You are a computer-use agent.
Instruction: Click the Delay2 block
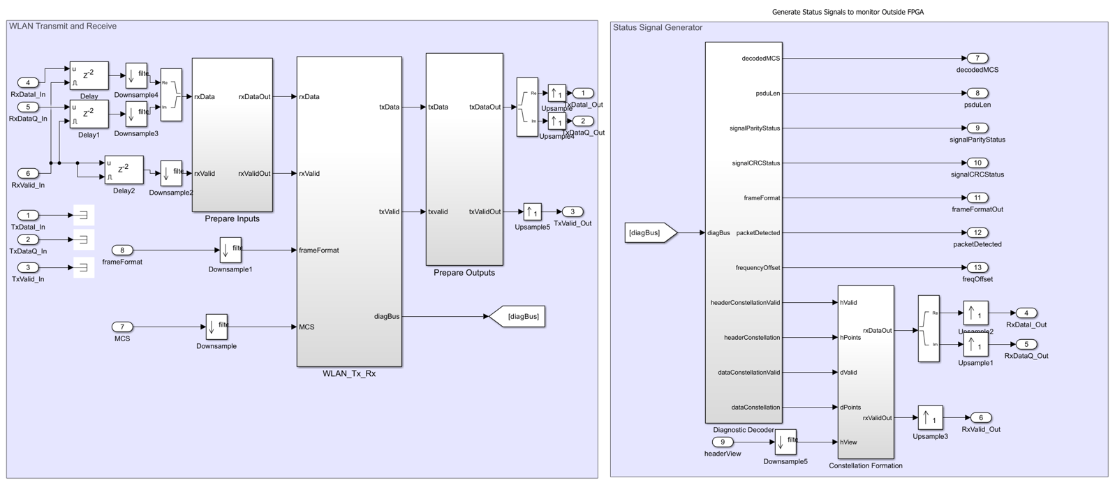click(124, 170)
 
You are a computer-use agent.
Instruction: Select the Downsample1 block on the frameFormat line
click(230, 250)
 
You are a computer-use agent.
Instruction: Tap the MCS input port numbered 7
click(122, 327)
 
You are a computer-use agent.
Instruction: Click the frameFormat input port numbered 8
click(122, 250)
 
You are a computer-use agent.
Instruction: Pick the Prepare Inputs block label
click(232, 219)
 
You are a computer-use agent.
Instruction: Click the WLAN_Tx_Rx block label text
click(349, 374)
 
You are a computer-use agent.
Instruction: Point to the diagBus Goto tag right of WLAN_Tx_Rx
click(517, 317)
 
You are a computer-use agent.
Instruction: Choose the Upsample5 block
click(532, 211)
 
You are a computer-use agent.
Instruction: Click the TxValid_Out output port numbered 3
click(573, 211)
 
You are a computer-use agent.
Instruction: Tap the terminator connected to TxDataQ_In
click(83, 239)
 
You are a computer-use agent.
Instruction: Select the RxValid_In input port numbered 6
click(28, 173)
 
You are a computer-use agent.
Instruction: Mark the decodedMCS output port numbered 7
click(977, 58)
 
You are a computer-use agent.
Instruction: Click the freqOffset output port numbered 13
click(977, 267)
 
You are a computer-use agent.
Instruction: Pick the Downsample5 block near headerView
click(785, 442)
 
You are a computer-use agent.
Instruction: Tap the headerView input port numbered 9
click(723, 442)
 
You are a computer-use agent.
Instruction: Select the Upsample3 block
click(930, 418)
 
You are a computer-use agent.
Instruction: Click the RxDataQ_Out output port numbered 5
click(1026, 344)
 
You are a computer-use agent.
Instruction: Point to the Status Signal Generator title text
click(658, 28)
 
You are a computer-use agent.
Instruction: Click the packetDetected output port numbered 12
click(977, 232)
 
